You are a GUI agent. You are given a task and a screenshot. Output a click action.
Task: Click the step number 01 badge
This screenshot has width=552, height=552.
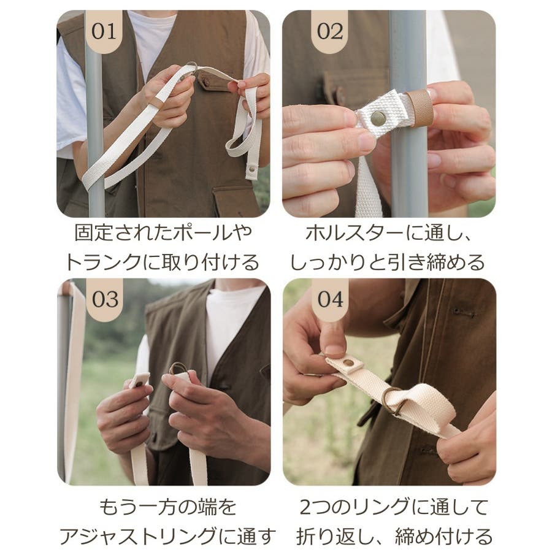(x=104, y=31)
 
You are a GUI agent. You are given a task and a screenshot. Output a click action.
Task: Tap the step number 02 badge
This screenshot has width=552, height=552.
(x=330, y=31)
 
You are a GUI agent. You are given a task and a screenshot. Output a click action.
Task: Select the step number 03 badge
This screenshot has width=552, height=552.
(x=104, y=299)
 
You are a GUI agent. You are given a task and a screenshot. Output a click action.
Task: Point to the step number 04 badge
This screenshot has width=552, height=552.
(x=330, y=299)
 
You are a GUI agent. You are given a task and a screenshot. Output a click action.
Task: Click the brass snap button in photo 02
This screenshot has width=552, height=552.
(x=378, y=118)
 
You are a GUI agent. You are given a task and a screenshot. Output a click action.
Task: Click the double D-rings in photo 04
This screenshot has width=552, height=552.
(x=394, y=401)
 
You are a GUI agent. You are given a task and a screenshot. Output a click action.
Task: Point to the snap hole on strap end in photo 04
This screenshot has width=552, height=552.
(x=348, y=363)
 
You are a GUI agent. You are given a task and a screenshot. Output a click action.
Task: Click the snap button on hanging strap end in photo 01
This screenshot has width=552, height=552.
(x=251, y=169)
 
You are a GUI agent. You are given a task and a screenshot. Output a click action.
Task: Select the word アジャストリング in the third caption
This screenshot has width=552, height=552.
(x=138, y=537)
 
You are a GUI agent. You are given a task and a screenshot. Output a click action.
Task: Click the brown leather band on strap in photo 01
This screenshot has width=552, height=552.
(x=156, y=102)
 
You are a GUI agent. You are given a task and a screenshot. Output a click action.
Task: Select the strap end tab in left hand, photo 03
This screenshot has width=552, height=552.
(x=139, y=380)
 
